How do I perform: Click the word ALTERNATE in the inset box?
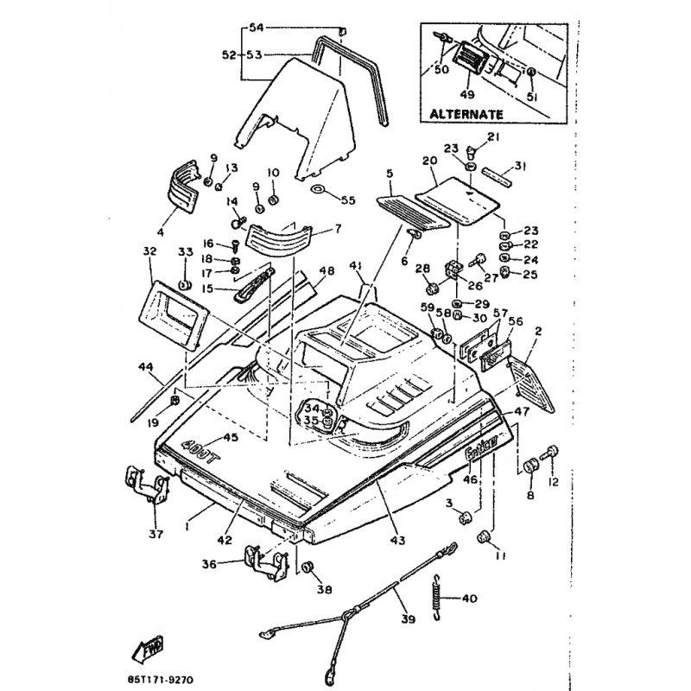coord(466,113)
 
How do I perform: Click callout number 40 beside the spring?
coord(469,599)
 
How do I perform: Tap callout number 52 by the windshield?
coord(228,54)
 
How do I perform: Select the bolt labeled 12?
coord(549,452)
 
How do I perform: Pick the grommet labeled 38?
coord(307,567)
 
